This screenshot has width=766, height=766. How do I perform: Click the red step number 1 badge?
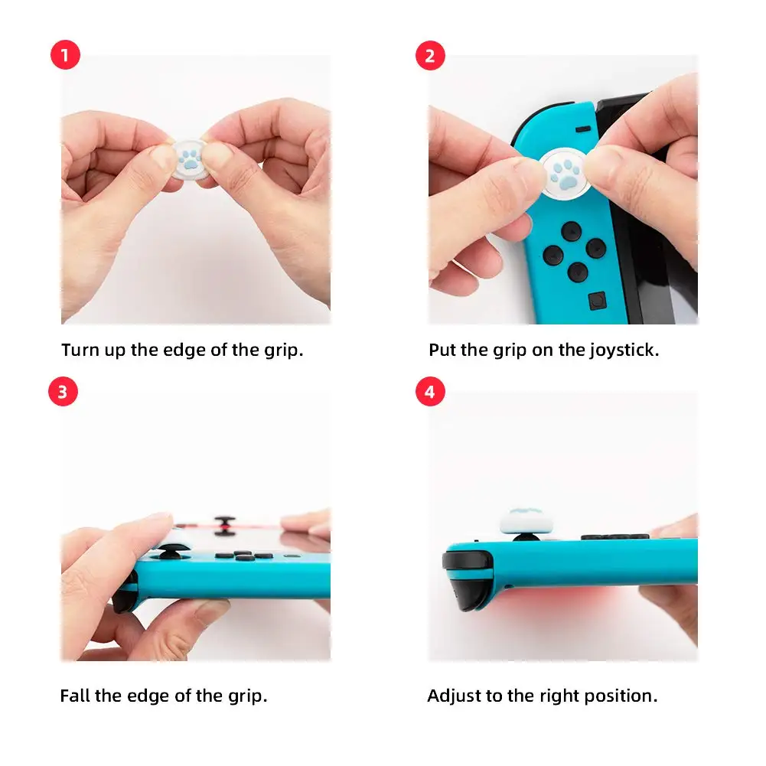[x=64, y=57]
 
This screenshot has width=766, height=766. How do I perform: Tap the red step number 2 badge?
[x=430, y=57]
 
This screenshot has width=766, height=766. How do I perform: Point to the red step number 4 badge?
[x=430, y=393]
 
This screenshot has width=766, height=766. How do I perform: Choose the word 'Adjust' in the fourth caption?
[x=451, y=696]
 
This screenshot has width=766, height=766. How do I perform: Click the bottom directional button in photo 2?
[x=577, y=271]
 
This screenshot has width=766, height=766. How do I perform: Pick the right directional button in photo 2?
[x=595, y=248]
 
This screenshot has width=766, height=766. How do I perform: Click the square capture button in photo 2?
[x=595, y=302]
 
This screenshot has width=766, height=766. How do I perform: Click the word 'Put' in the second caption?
[x=442, y=350]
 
